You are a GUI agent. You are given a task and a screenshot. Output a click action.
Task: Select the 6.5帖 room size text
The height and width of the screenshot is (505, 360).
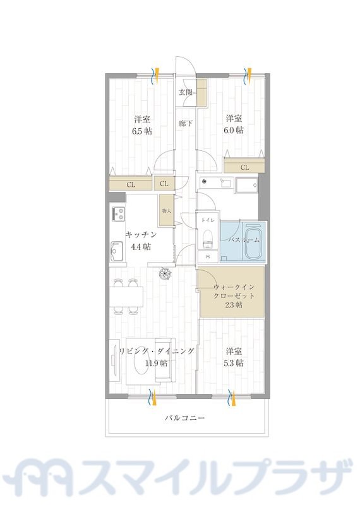click(x=142, y=131)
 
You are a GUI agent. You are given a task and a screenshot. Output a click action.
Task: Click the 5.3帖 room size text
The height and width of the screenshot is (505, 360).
click(x=234, y=363)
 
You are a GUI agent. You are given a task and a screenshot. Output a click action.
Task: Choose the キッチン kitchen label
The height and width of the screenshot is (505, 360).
click(x=141, y=235)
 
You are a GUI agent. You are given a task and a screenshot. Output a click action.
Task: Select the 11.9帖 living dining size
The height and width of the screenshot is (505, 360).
click(x=155, y=363)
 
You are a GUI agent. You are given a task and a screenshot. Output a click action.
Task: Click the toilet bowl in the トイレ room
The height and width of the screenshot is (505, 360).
click(x=207, y=241)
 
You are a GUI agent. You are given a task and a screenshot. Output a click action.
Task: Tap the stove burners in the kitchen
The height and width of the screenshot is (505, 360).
click(x=118, y=215)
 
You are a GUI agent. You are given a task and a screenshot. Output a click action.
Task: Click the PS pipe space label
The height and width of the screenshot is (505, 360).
click(x=207, y=257)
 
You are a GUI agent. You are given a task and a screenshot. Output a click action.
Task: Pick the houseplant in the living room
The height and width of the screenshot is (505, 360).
click(x=165, y=273)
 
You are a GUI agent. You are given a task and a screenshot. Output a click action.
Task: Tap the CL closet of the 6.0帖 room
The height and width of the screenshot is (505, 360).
click(x=244, y=167)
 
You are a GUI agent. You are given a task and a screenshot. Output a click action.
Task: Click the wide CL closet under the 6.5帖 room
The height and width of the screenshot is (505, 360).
click(x=131, y=184)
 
